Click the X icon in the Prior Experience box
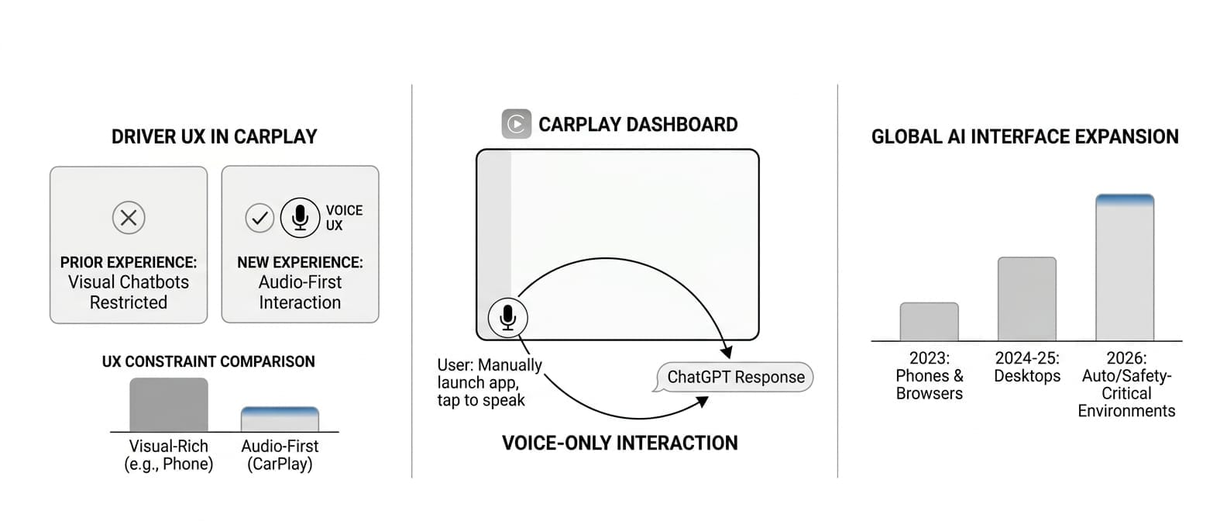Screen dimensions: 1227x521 [x=129, y=218]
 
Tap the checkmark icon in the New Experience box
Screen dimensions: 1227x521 [x=259, y=218]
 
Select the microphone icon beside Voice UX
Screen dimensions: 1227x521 [x=300, y=218]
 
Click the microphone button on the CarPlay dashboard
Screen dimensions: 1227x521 [x=507, y=317]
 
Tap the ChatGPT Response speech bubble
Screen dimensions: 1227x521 [x=735, y=378]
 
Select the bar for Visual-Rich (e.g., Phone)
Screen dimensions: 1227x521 [x=168, y=405]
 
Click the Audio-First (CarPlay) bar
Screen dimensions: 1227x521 [x=280, y=419]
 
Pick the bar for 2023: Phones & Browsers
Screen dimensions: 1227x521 [x=929, y=322]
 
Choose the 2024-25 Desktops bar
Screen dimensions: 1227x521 [x=1026, y=299]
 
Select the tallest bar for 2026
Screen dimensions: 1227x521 [x=1125, y=268]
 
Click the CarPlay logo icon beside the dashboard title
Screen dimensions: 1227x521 [x=517, y=124]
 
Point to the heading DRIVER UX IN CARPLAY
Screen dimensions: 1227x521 [x=215, y=137]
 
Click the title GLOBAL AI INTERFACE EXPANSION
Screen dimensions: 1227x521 [x=1025, y=137]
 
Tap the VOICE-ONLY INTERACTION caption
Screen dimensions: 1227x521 [x=620, y=443]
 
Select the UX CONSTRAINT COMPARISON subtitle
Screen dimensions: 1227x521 [x=208, y=362]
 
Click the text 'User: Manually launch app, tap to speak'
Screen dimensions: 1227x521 [x=489, y=382]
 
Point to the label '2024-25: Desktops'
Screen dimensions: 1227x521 [x=1027, y=367]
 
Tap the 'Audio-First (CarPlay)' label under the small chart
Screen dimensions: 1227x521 [x=280, y=455]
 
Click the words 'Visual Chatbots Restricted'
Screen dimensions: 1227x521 [x=129, y=292]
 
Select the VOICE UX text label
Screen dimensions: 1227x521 [x=344, y=218]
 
